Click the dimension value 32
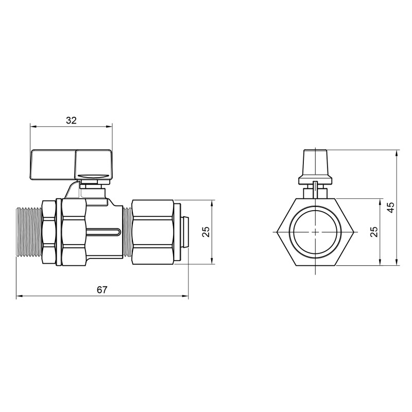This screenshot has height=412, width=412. coord(71,121)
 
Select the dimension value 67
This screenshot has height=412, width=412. coord(102,290)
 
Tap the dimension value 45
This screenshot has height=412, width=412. coord(391,207)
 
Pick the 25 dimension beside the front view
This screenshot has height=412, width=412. coord(374,232)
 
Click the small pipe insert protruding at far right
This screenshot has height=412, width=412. coord(185,232)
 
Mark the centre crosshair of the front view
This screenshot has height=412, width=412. coord(314,232)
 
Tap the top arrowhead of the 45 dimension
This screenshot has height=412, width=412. coord(397,153)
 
